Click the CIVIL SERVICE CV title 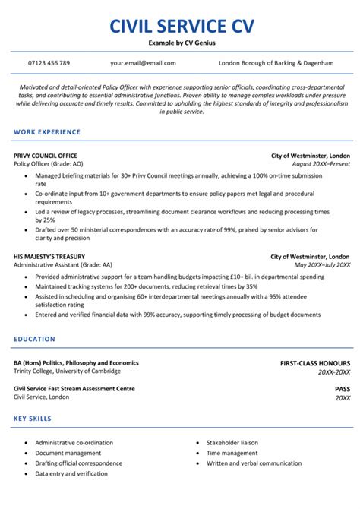click(x=180, y=27)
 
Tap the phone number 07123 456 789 click(x=49, y=63)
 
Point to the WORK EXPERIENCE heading click(x=47, y=132)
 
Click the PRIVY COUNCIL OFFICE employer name click(x=46, y=156)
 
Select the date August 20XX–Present click(x=321, y=164)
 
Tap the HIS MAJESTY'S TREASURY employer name click(x=49, y=257)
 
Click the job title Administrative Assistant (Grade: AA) click(x=62, y=265)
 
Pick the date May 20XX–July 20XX click(x=322, y=265)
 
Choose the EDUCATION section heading click(x=34, y=339)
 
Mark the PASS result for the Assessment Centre click(x=343, y=389)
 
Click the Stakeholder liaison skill click(x=232, y=442)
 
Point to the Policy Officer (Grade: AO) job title click(x=49, y=164)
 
